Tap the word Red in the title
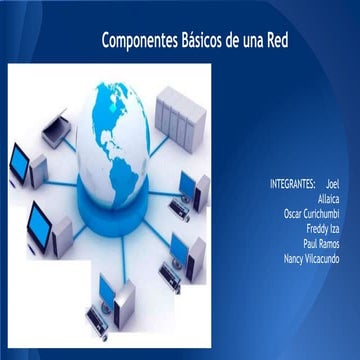tap(274, 41)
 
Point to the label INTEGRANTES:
tap(292, 185)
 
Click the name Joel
tap(333, 185)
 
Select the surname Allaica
tap(328, 199)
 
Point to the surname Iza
tap(335, 228)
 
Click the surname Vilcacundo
tap(325, 257)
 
